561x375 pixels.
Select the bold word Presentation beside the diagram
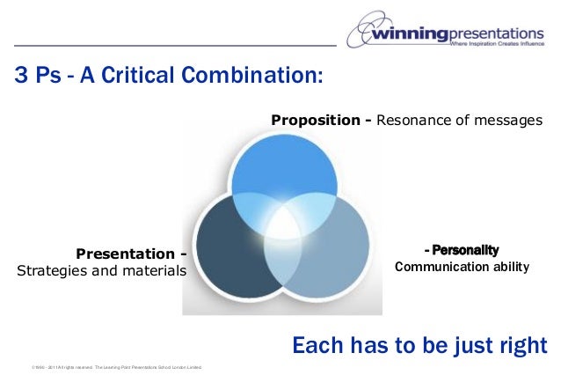[x=127, y=255]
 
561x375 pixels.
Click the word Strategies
[x=53, y=271]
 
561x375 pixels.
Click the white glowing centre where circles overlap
[x=282, y=224]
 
